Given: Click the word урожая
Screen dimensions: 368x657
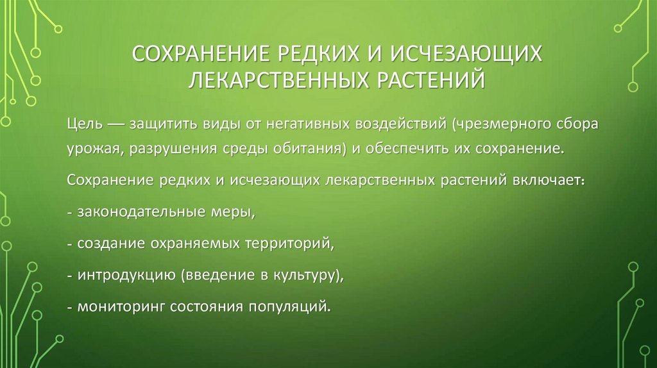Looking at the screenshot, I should [x=94, y=149].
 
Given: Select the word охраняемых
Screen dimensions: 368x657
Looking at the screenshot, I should [x=195, y=244].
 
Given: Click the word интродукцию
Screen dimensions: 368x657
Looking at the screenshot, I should [x=126, y=275].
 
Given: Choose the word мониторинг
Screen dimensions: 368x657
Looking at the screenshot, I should [x=120, y=306].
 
